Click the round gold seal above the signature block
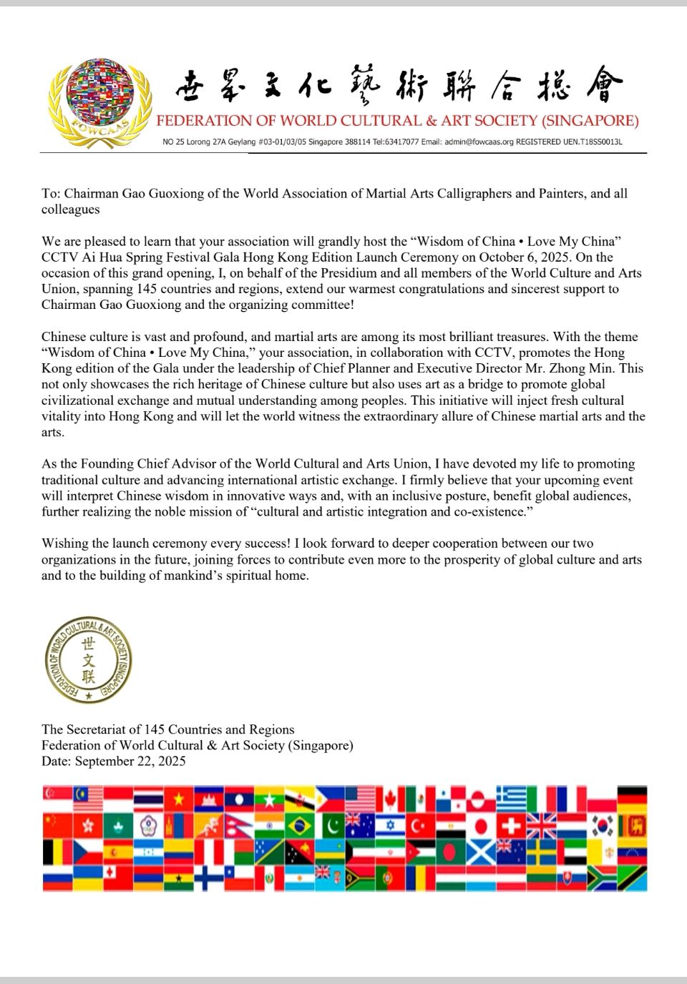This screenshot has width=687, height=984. [x=88, y=659]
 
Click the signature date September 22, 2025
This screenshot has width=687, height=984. [x=130, y=761]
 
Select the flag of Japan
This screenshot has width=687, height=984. [x=481, y=826]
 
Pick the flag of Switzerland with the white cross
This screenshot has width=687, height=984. [x=510, y=826]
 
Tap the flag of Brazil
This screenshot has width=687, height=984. [x=299, y=826]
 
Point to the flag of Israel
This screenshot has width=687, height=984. [x=390, y=826]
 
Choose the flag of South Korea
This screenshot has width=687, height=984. [x=603, y=826]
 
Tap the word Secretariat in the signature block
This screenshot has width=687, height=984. [x=96, y=729]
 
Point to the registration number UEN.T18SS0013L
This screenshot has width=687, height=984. [x=592, y=142]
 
